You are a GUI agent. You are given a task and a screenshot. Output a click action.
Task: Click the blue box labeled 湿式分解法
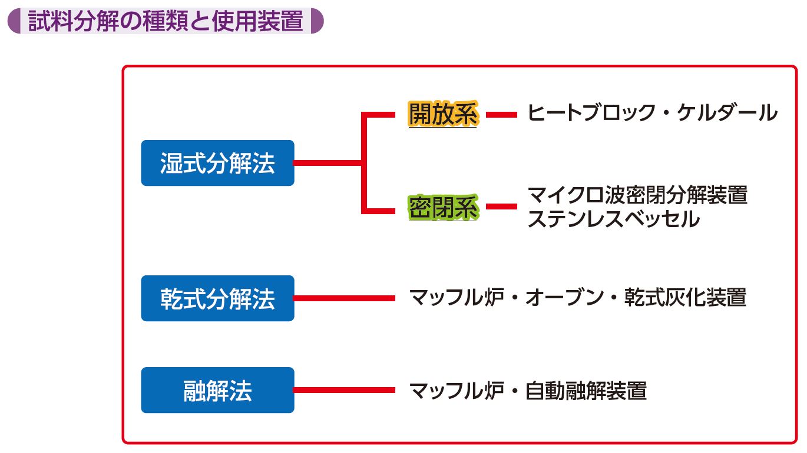[x=217, y=163]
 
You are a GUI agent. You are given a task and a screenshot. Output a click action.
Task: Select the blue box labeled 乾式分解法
[x=217, y=298]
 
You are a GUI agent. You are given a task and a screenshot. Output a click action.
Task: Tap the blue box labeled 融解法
[x=217, y=390]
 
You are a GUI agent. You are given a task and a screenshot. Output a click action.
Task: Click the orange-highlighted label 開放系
[x=443, y=114]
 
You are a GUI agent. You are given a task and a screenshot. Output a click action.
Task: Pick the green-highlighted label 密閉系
[x=443, y=208]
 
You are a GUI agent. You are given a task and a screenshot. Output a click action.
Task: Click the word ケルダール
[x=727, y=112]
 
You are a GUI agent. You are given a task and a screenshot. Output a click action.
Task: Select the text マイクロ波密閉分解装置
[x=637, y=195]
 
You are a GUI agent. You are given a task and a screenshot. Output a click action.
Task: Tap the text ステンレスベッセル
[x=614, y=219]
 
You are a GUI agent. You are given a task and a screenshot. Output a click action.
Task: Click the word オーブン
[x=564, y=298]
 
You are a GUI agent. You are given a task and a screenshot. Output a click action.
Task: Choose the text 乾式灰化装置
[x=685, y=298]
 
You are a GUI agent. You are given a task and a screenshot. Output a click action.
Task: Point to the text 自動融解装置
[x=586, y=391]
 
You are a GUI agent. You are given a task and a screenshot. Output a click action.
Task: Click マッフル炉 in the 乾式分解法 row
[x=456, y=298]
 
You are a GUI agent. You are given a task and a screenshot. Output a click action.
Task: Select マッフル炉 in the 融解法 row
[x=456, y=391]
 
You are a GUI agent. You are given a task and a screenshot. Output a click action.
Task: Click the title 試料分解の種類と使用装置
[x=166, y=21]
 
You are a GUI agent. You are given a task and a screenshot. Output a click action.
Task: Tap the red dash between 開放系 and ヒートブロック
[x=501, y=115]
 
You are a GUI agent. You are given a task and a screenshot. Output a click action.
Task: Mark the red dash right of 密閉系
[x=501, y=206]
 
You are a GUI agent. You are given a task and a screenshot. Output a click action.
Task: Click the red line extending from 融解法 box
[x=345, y=390]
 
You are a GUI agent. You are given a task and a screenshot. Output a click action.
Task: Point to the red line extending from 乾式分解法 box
[x=345, y=298]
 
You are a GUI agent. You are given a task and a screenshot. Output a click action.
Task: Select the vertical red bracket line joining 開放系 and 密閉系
[x=364, y=163]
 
